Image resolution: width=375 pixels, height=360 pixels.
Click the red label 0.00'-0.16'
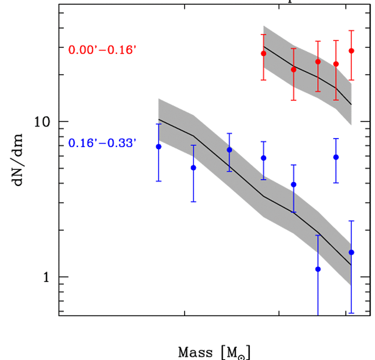(102, 50)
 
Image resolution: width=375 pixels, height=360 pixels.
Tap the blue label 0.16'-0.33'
(102, 144)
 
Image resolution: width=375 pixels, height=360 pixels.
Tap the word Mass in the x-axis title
(195, 352)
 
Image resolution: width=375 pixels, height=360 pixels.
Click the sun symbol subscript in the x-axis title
(242, 356)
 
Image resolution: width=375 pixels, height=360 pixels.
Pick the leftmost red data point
(263, 53)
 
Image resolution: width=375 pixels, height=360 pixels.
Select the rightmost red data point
(351, 51)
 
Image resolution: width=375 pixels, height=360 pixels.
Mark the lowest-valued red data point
(294, 69)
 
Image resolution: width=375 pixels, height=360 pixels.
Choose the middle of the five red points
(318, 61)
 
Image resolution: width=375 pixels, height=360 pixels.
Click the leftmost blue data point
(158, 147)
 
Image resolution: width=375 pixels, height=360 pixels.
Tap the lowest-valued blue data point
(318, 269)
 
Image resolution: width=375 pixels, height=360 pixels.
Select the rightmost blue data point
(351, 252)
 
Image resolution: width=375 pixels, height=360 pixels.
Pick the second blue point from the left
(193, 167)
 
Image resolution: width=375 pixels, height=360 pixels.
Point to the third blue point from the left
(229, 150)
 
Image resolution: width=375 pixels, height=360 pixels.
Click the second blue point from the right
(336, 157)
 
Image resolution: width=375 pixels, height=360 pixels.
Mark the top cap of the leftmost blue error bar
(158, 124)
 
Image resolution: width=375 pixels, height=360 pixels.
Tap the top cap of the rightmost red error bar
(351, 30)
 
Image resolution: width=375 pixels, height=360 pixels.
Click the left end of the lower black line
(159, 119)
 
